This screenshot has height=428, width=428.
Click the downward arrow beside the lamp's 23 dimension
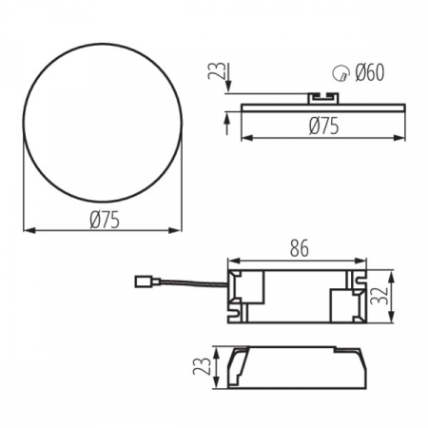[228, 88]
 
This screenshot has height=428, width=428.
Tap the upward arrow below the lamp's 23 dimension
[228, 119]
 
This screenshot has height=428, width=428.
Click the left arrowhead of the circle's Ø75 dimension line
[27, 230]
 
